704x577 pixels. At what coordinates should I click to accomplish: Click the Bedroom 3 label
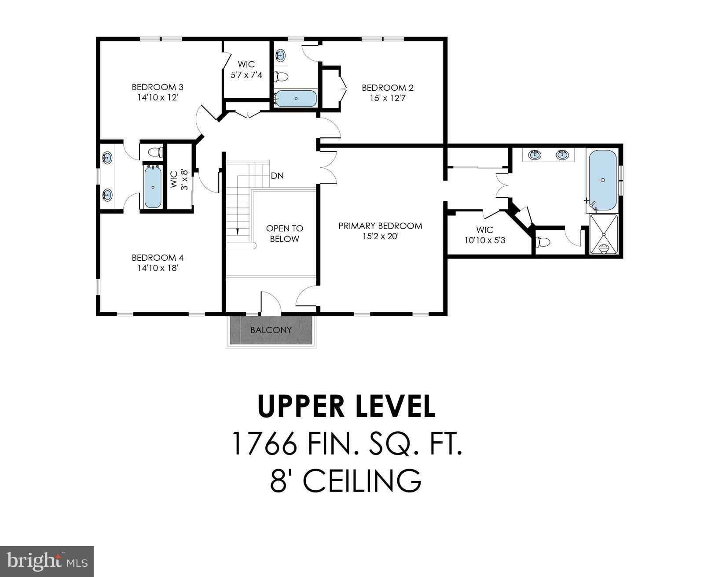pyautogui.click(x=157, y=87)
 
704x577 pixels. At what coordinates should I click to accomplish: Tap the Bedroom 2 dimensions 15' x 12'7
pyautogui.click(x=388, y=98)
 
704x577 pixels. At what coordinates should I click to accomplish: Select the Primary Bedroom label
pyautogui.click(x=380, y=226)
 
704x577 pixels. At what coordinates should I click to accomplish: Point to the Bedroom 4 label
pyautogui.click(x=157, y=258)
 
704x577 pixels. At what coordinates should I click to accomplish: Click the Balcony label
pyautogui.click(x=271, y=330)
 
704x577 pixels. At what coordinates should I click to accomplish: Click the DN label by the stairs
pyautogui.click(x=277, y=176)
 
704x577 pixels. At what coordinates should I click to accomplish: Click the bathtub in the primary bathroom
pyautogui.click(x=602, y=180)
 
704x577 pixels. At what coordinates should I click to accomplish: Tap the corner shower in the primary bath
pyautogui.click(x=604, y=234)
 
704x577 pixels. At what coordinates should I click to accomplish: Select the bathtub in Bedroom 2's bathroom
pyautogui.click(x=296, y=99)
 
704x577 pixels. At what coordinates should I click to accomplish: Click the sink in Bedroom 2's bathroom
pyautogui.click(x=280, y=55)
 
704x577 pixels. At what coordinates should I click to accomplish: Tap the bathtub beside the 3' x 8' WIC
pyautogui.click(x=152, y=187)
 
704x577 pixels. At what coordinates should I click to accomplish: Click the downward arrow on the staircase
pyautogui.click(x=238, y=230)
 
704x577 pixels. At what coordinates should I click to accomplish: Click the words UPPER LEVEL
pyautogui.click(x=346, y=406)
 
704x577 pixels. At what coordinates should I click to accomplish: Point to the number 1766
pyautogui.click(x=263, y=443)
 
